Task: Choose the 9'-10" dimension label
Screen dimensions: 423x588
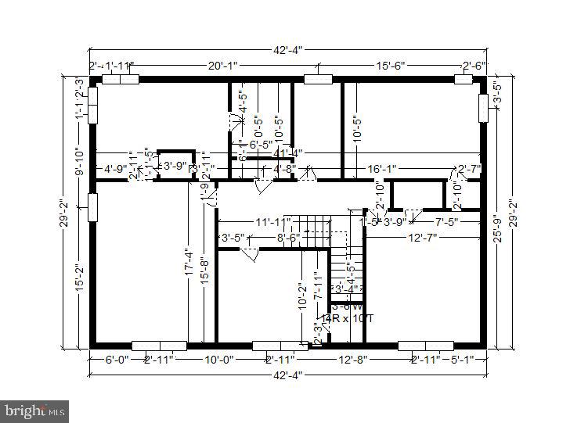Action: [78, 161]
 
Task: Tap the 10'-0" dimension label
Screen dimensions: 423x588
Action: [219, 360]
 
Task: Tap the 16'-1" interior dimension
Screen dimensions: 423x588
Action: [383, 168]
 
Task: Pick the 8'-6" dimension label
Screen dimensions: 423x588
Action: [288, 237]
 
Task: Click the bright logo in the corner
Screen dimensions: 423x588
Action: [34, 410]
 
